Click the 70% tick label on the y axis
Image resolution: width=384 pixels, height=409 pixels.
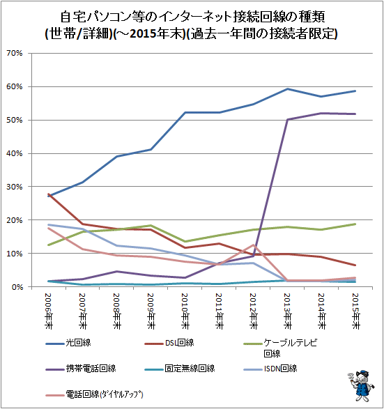[x=15, y=53]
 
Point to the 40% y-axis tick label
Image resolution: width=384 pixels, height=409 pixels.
[x=15, y=153]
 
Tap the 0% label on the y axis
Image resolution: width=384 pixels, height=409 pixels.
[x=17, y=287]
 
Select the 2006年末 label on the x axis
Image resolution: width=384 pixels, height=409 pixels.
[x=49, y=311]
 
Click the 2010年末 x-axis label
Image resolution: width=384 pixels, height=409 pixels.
[x=185, y=311]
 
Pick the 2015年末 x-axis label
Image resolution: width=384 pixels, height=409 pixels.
[x=355, y=311]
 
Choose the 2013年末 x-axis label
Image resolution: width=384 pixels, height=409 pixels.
[x=288, y=311]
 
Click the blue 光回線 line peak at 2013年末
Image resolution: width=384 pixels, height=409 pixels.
[x=288, y=89]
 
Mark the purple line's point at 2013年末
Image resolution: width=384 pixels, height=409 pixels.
[x=288, y=119]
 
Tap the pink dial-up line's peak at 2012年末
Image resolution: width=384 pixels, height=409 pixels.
[x=253, y=245]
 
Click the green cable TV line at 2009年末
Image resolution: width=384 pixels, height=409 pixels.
[x=151, y=226]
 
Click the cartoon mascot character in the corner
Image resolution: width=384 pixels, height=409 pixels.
[x=361, y=385]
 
